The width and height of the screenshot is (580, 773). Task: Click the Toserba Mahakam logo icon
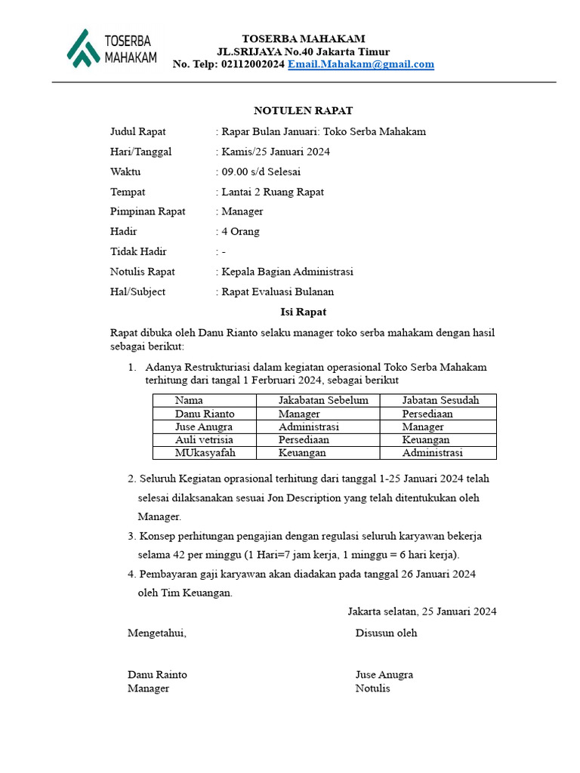pyautogui.click(x=82, y=48)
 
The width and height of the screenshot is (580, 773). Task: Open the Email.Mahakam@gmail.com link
pyautogui.click(x=361, y=64)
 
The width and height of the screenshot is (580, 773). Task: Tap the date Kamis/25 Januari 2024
pyautogui.click(x=275, y=152)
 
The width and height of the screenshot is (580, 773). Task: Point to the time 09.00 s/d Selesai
pyautogui.click(x=261, y=172)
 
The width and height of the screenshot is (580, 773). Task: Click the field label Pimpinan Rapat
pyautogui.click(x=148, y=211)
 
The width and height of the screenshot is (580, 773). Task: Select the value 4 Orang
pyautogui.click(x=240, y=232)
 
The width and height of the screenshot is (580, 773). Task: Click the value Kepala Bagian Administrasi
pyautogui.click(x=287, y=272)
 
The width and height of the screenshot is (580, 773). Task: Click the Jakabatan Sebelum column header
pyautogui.click(x=323, y=400)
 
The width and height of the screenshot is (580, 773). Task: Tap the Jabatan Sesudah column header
pyautogui.click(x=440, y=400)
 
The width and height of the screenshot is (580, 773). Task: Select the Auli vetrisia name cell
pyautogui.click(x=204, y=439)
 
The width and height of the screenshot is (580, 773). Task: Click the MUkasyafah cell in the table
pyautogui.click(x=205, y=453)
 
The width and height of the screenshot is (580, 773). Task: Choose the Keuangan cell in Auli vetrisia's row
pyautogui.click(x=426, y=439)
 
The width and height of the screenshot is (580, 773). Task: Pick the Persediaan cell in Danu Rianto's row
pyautogui.click(x=427, y=414)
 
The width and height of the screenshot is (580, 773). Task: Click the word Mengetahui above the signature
pyautogui.click(x=156, y=633)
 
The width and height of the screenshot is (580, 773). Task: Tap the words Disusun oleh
pyautogui.click(x=386, y=633)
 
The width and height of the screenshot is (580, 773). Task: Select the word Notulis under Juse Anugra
pyautogui.click(x=373, y=688)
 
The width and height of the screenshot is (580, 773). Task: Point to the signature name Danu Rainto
pyautogui.click(x=157, y=674)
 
